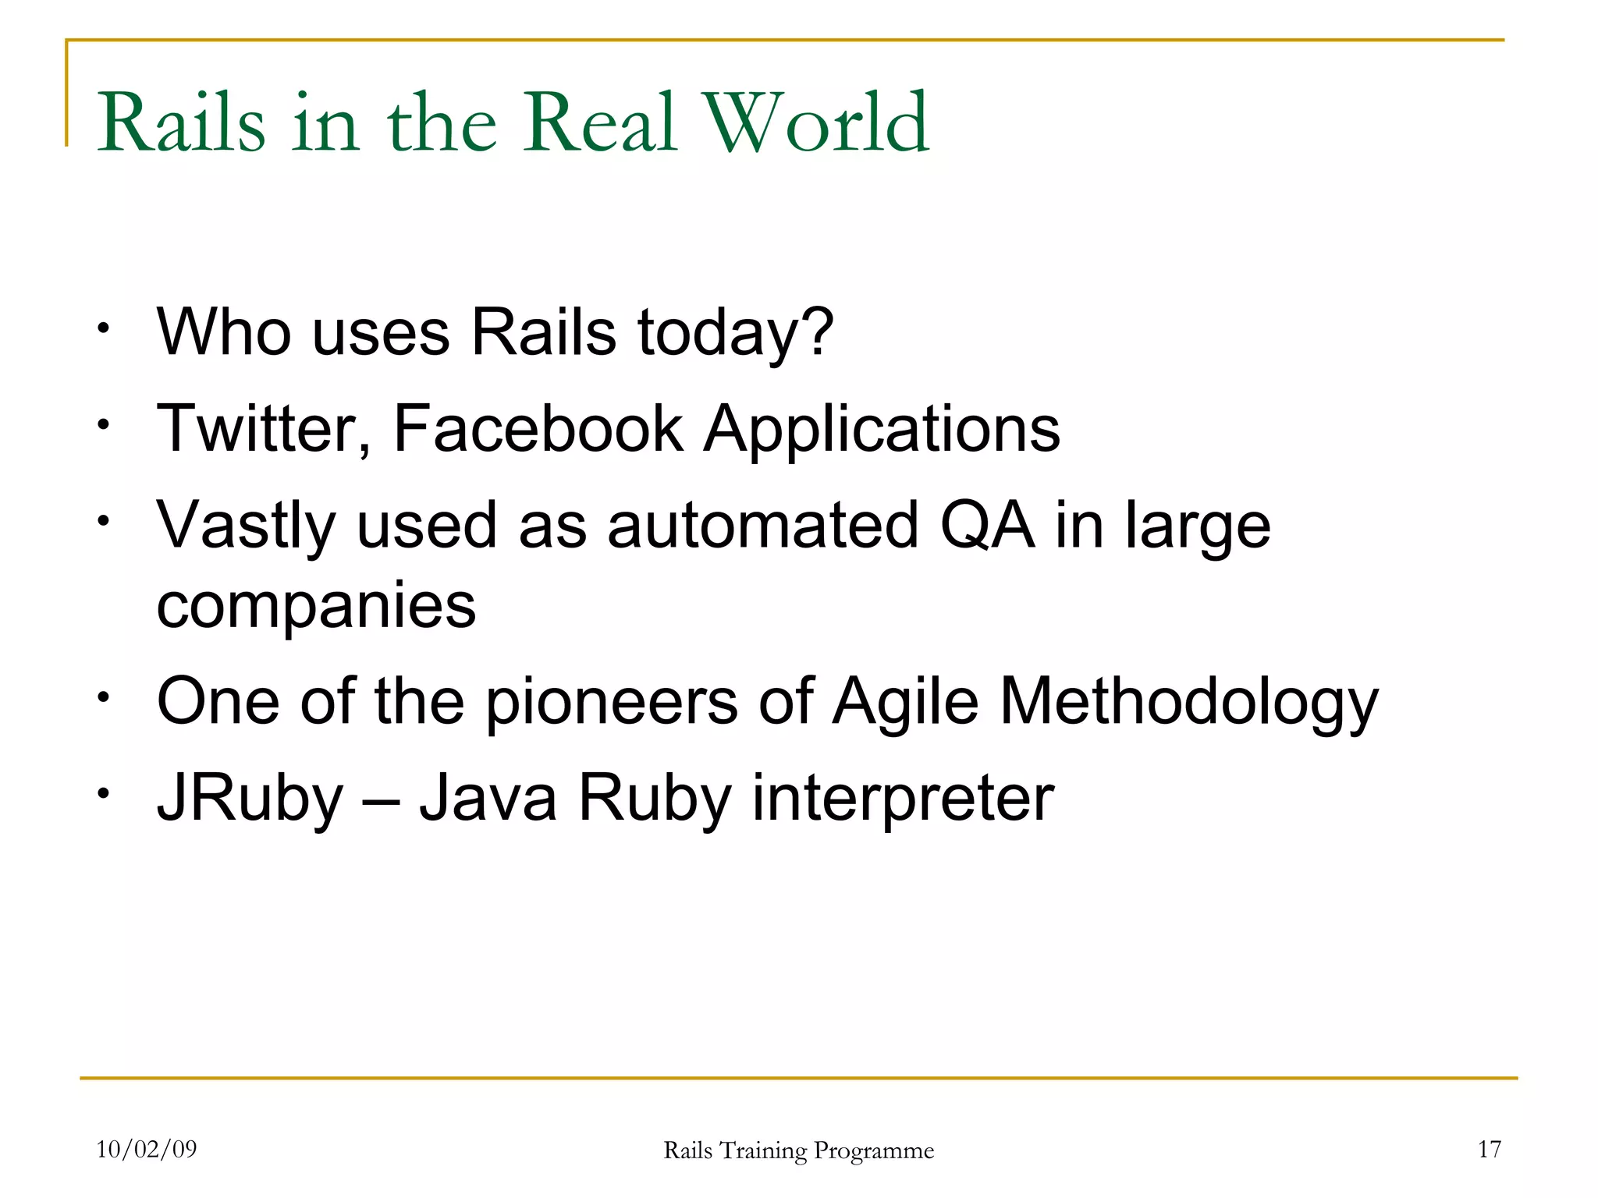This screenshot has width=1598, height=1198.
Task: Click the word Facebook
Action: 538,429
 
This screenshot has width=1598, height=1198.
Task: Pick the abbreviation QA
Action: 987,526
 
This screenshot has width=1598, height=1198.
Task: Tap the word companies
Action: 316,607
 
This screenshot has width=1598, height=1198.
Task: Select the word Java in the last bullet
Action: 488,798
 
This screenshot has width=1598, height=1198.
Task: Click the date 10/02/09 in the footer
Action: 147,1149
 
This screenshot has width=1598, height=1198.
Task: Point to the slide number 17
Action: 1489,1149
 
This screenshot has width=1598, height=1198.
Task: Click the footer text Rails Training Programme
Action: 798,1150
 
